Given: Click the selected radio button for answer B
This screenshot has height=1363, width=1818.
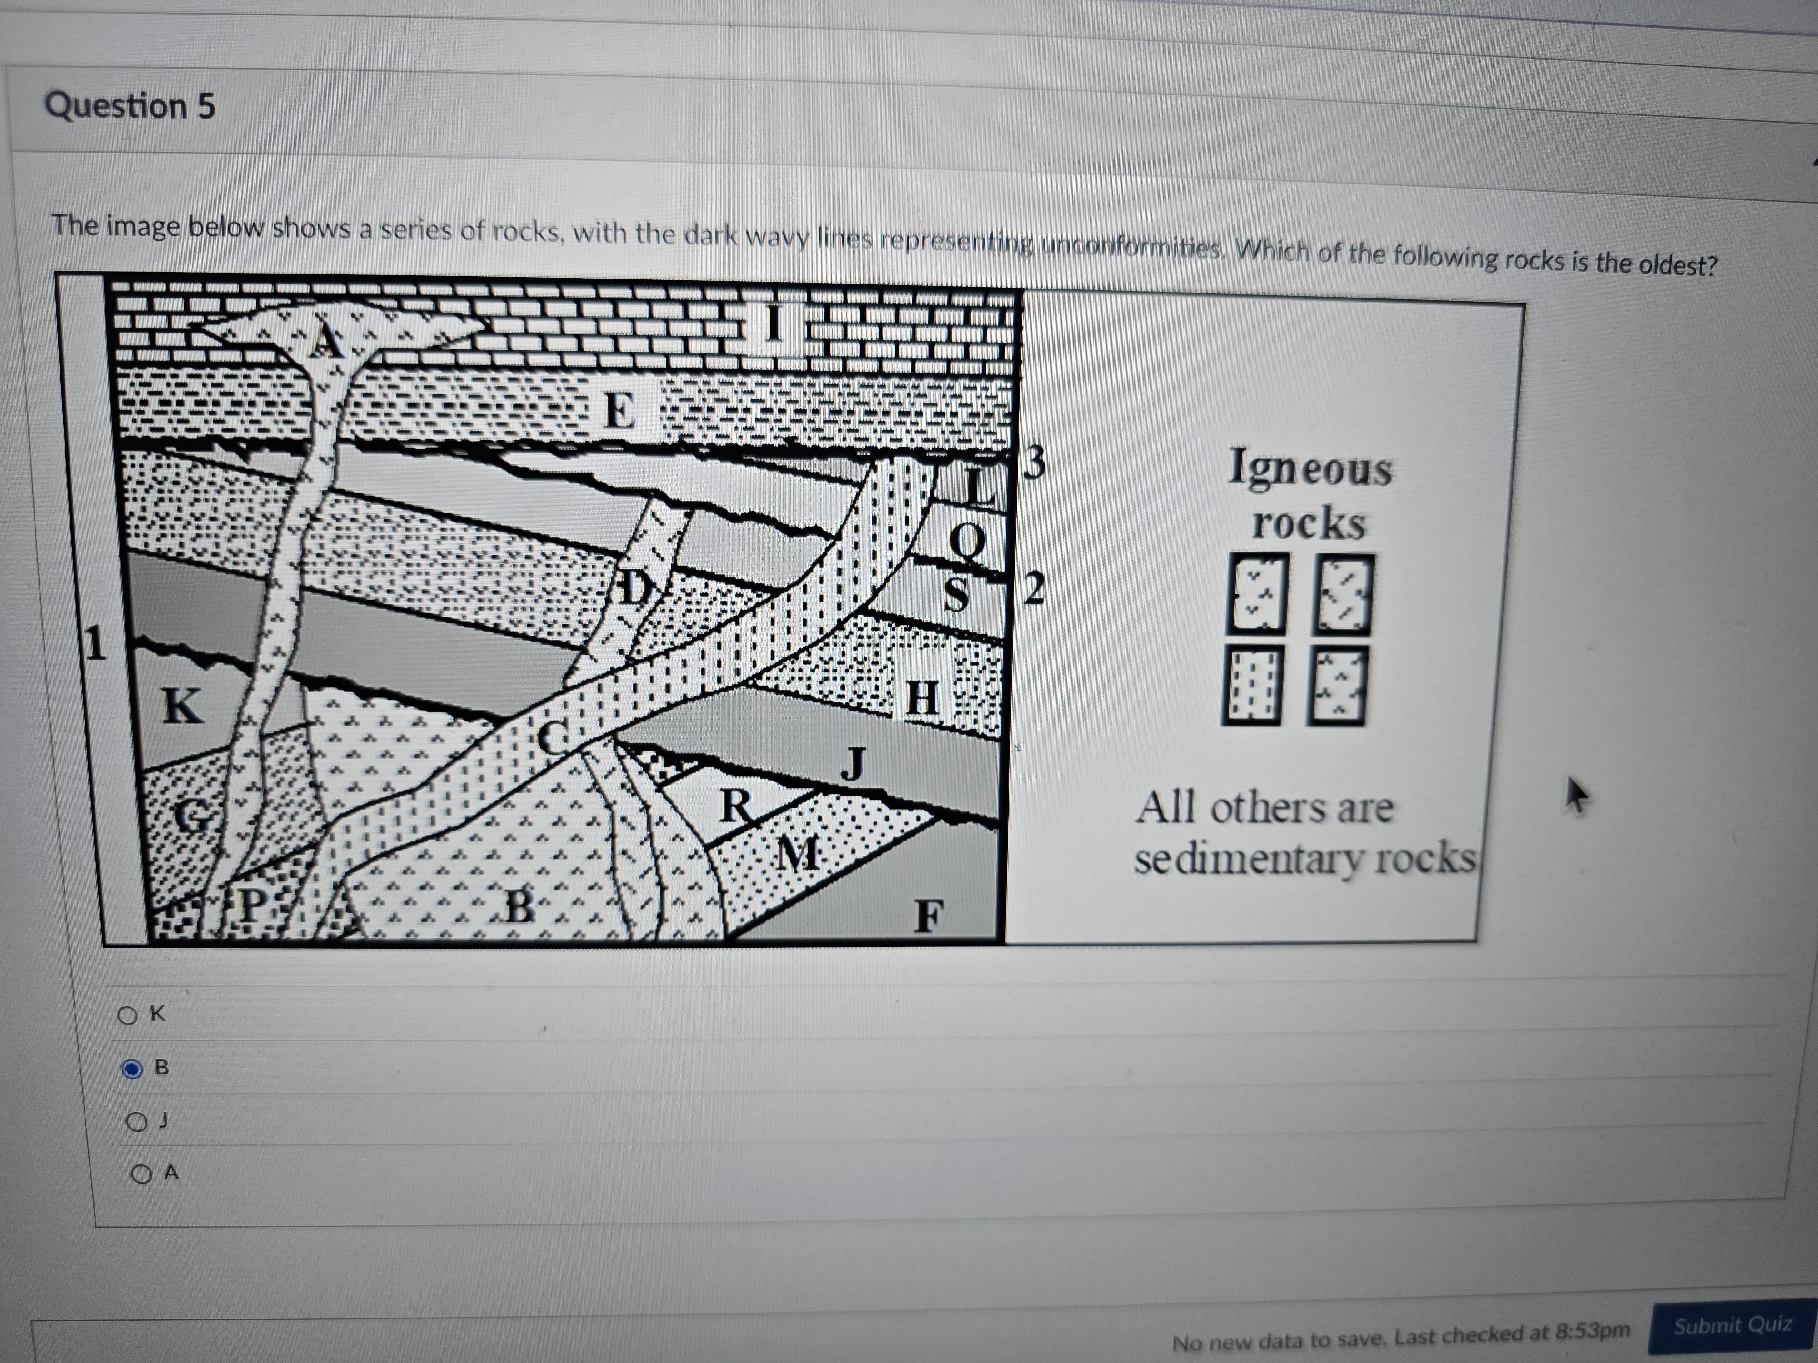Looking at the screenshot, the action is [131, 1069].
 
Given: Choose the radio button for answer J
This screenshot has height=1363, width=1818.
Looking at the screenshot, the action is [135, 1121].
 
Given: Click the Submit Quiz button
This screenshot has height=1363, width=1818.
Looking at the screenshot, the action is [1733, 1324].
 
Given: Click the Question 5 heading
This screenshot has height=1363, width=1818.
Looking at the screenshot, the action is [130, 106].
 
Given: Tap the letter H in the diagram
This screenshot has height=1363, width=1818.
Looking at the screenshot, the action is [921, 698].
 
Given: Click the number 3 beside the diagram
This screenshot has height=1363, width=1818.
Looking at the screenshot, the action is [1035, 463].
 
